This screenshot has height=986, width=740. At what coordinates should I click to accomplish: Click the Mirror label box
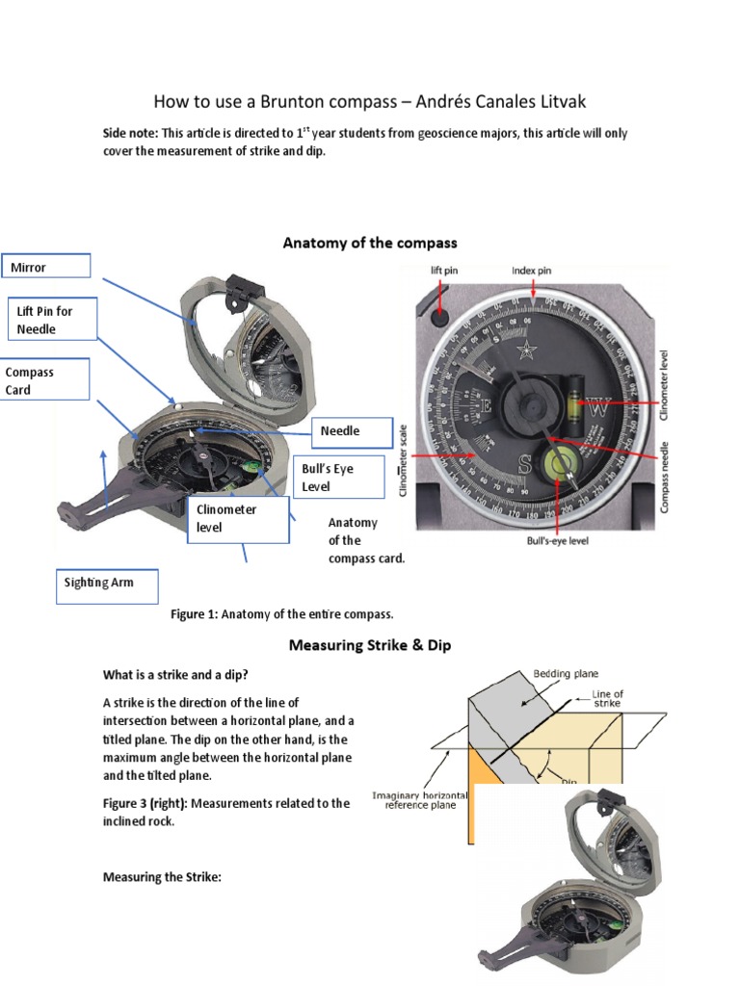click(46, 267)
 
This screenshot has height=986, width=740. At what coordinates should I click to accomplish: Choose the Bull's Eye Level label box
click(342, 477)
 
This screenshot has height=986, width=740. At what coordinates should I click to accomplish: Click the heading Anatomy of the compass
click(370, 243)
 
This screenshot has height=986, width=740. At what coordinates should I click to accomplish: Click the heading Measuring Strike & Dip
click(370, 644)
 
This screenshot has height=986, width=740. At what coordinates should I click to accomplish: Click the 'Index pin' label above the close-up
click(531, 271)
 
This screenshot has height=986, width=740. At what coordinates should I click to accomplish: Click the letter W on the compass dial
click(598, 408)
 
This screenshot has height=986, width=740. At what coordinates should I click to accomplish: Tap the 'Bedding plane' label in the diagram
click(567, 675)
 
